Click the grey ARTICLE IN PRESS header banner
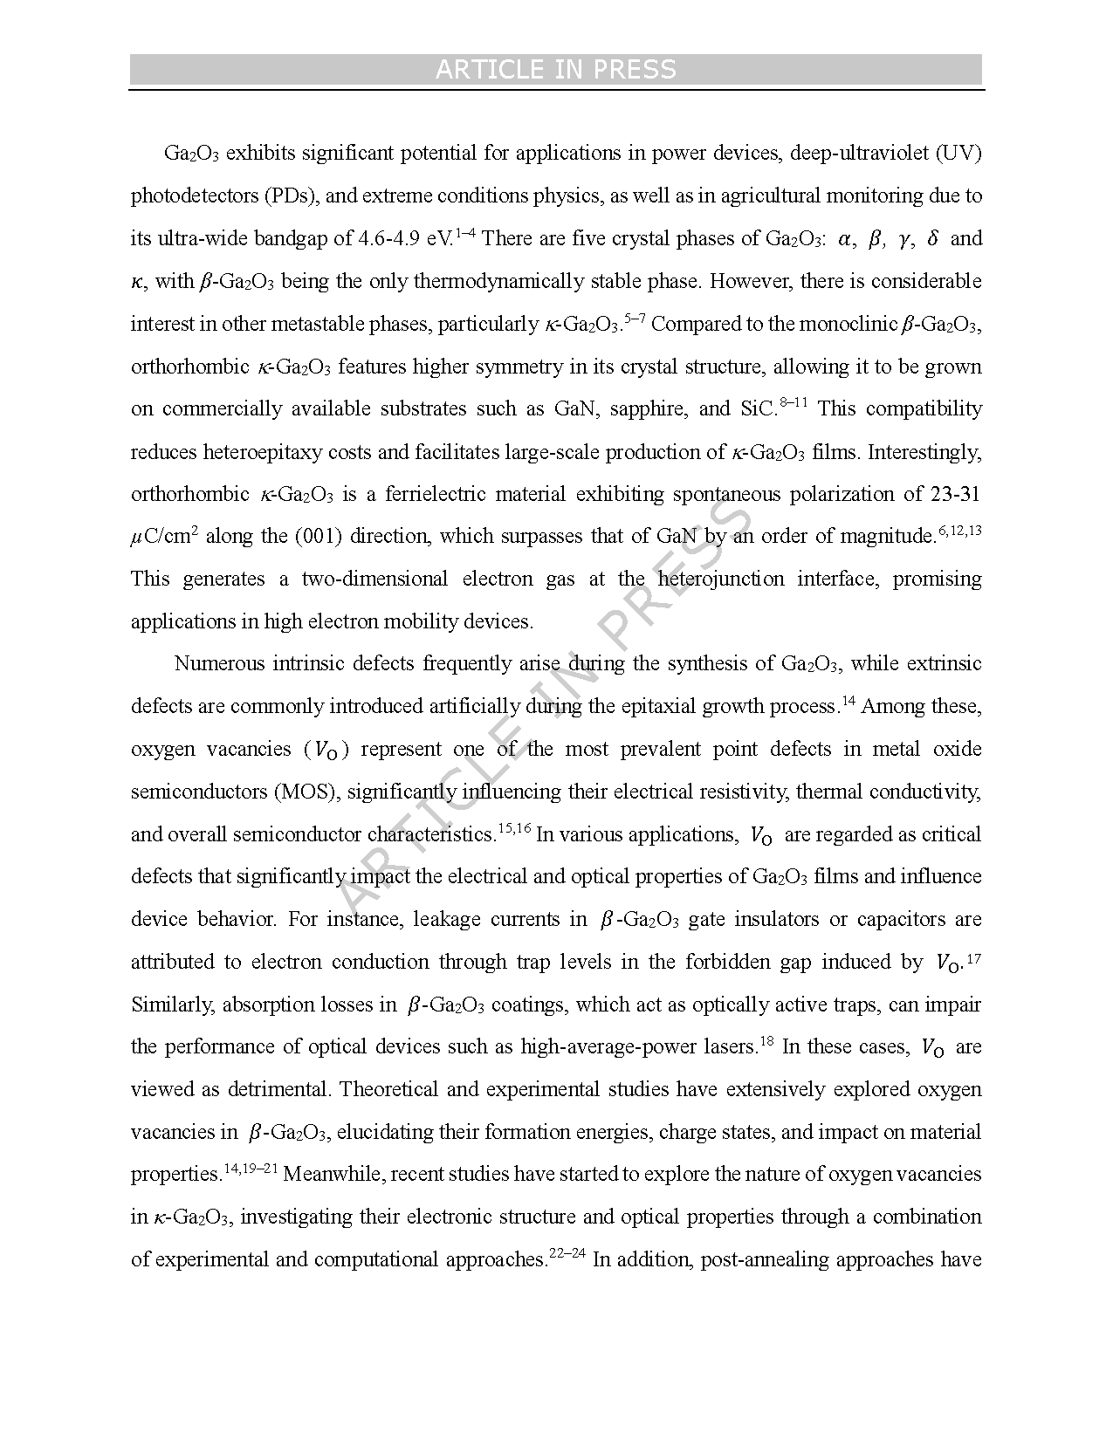(x=555, y=70)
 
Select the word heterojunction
(x=722, y=579)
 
